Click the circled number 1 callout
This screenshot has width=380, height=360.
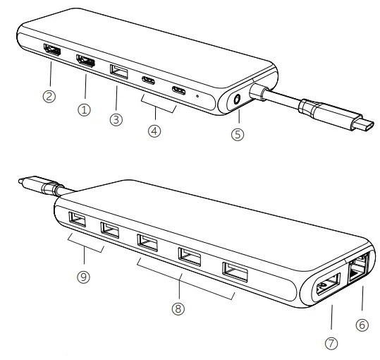(85, 110)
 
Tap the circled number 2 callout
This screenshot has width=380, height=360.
(49, 97)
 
